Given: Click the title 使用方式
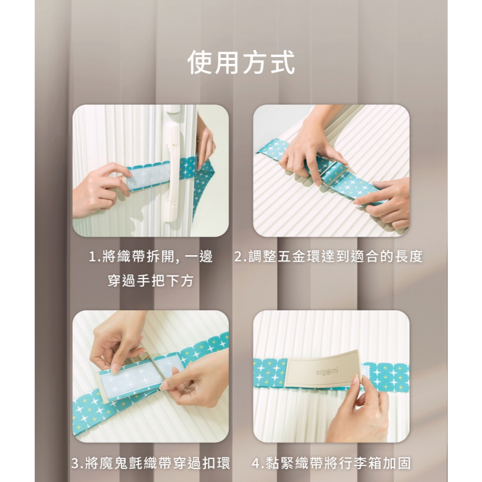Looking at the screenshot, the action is click(241, 63).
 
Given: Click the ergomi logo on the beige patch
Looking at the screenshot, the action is click(327, 372).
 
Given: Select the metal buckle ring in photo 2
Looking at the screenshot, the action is click(333, 174).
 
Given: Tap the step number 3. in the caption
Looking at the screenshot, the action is click(77, 464).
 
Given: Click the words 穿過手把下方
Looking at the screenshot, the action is click(151, 281).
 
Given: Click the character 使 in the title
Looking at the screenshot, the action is click(200, 63).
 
